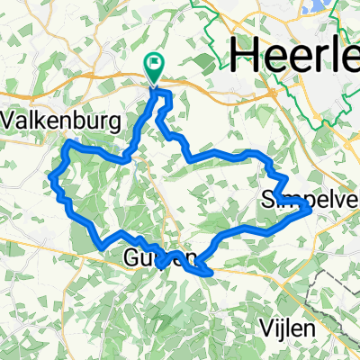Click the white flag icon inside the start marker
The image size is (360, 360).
tap(155, 63)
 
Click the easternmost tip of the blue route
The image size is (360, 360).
tap(310, 207)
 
